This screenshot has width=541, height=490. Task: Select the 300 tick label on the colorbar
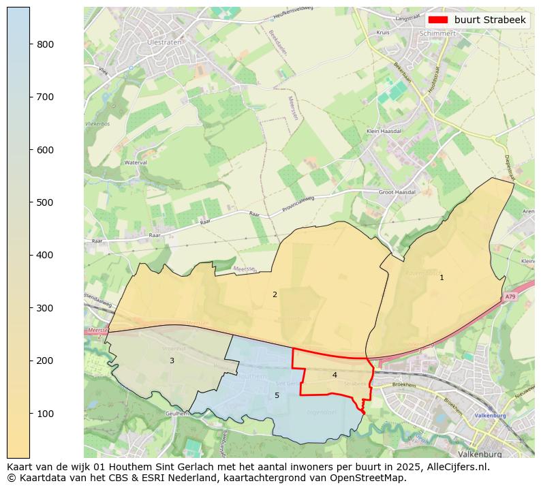(x=44, y=308)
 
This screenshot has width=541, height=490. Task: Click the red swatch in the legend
(x=439, y=20)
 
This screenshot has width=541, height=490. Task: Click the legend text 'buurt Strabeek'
(x=490, y=20)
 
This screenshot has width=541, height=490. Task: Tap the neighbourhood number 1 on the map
(x=442, y=277)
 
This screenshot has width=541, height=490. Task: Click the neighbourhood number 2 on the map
(x=275, y=294)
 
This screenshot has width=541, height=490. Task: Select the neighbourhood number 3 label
(x=172, y=361)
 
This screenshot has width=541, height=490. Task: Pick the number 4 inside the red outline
(x=335, y=375)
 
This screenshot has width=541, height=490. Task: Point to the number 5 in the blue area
(x=277, y=395)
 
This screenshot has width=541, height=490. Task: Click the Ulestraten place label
(x=161, y=42)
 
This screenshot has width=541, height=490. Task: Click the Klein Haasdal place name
(x=384, y=131)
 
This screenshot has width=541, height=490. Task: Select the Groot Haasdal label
(x=397, y=193)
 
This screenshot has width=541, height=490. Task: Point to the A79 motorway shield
(x=510, y=297)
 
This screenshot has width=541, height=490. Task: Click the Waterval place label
(x=136, y=162)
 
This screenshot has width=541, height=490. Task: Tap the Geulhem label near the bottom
(x=177, y=414)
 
